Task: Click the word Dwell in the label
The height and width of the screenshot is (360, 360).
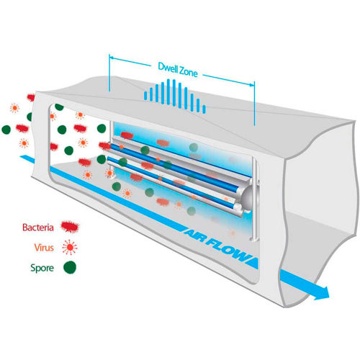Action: (168, 67)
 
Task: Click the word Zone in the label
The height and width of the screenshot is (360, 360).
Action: (189, 71)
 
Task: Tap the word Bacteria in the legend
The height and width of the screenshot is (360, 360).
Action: (38, 228)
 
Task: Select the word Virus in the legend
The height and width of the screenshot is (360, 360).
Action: (44, 248)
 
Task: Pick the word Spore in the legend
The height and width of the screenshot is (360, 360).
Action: (42, 268)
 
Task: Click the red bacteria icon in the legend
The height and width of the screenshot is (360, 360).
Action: (70, 227)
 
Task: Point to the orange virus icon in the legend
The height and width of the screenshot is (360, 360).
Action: (70, 247)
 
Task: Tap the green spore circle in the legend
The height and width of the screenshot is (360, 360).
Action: (70, 267)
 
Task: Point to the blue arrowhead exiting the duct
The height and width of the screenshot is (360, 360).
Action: (322, 293)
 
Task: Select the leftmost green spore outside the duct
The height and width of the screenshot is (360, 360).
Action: (6, 130)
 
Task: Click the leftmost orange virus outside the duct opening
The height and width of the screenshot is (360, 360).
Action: (14, 108)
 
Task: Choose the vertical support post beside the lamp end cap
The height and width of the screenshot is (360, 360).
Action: (255, 198)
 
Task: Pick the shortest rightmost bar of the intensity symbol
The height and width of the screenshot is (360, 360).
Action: (204, 109)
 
